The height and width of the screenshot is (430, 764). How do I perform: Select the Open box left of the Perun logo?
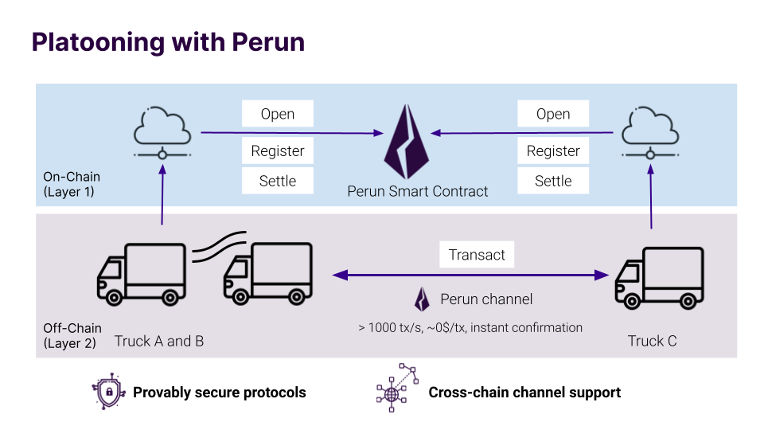pyautogui.click(x=278, y=114)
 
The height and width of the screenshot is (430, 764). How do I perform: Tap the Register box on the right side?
pyautogui.click(x=553, y=150)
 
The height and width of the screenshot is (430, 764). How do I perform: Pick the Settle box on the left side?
pyautogui.click(x=278, y=181)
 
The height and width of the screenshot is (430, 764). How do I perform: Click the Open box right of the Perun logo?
pyautogui.click(x=553, y=114)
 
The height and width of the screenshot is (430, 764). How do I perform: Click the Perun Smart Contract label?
pyautogui.click(x=418, y=191)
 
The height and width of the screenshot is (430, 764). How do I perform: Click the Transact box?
pyautogui.click(x=477, y=255)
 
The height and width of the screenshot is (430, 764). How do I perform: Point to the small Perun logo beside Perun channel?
pyautogui.click(x=422, y=299)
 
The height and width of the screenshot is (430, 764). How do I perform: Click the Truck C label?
pyautogui.click(x=652, y=341)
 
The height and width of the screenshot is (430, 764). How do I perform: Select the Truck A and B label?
pyautogui.click(x=159, y=341)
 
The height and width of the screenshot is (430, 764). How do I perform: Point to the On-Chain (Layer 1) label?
pyautogui.click(x=72, y=184)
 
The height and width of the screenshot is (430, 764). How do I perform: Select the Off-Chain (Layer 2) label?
pyautogui.click(x=72, y=335)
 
